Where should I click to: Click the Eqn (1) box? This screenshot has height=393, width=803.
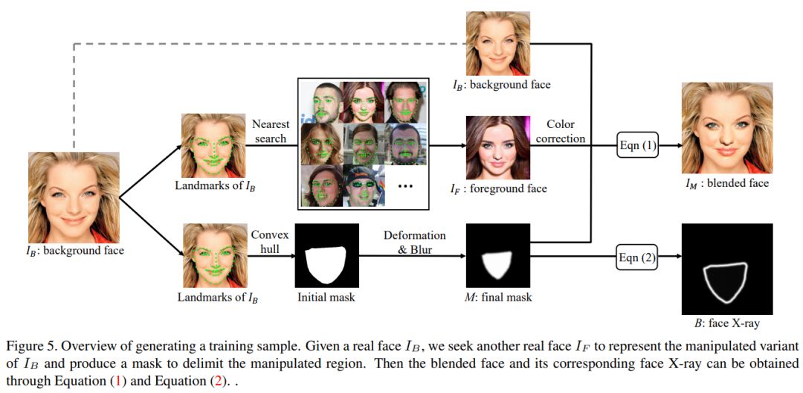(x=638, y=146)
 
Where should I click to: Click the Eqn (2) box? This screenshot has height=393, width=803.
(x=638, y=258)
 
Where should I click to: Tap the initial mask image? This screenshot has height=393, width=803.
(x=326, y=255)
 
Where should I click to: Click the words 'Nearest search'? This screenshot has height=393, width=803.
(x=270, y=131)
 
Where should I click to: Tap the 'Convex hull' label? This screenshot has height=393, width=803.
(x=270, y=243)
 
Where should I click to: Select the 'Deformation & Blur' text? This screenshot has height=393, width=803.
(x=415, y=243)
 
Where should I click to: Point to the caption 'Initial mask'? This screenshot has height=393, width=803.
(x=326, y=297)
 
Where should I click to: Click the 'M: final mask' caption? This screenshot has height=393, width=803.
(x=497, y=298)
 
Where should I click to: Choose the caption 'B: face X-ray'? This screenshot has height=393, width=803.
(x=726, y=324)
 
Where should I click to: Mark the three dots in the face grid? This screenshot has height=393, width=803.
(x=405, y=185)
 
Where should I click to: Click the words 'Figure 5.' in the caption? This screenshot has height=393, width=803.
(x=28, y=347)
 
